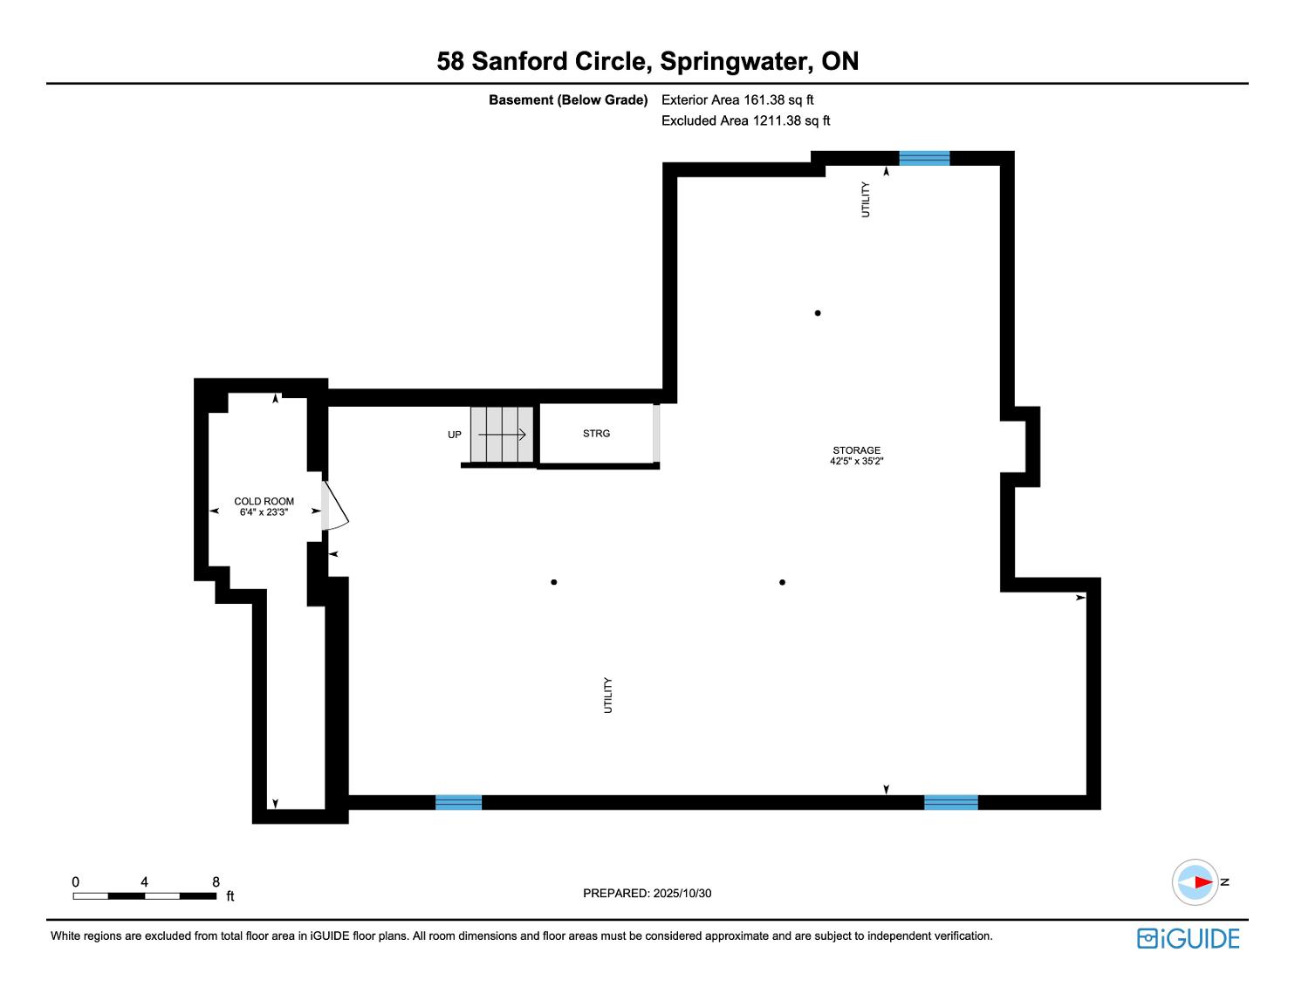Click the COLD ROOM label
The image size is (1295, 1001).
click(x=264, y=501)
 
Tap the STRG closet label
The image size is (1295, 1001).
click(x=597, y=434)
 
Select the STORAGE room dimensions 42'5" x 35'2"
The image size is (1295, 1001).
click(x=856, y=462)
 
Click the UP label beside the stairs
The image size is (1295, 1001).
click(x=455, y=435)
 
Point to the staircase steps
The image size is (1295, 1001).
click(x=502, y=435)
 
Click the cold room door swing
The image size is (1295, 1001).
click(x=337, y=507)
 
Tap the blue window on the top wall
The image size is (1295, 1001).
click(x=924, y=158)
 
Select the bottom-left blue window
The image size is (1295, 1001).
click(x=458, y=802)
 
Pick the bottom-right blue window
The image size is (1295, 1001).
click(x=951, y=802)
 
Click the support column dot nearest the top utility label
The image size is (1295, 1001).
click(x=818, y=313)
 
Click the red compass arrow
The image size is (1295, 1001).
click(x=1202, y=882)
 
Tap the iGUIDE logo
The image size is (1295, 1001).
click(x=1189, y=938)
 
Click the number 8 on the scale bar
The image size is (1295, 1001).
click(x=216, y=881)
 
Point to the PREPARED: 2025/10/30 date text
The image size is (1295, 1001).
click(x=647, y=893)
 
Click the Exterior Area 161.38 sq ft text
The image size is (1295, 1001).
click(x=737, y=100)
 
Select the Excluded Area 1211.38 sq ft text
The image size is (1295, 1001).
click(x=745, y=121)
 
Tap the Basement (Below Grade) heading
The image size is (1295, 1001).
click(x=568, y=100)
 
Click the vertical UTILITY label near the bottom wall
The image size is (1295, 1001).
click(x=608, y=696)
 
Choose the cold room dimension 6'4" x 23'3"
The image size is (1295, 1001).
click(x=264, y=512)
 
